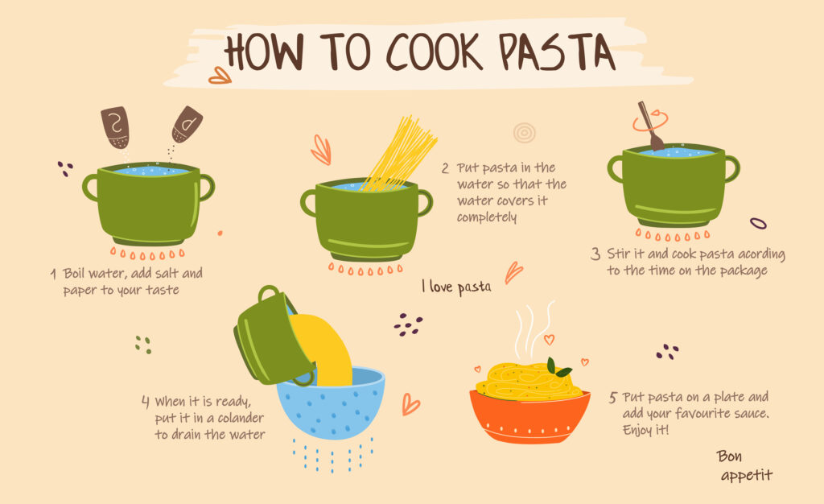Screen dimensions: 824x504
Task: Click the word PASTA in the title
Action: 557,52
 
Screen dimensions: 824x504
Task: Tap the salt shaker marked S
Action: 116,126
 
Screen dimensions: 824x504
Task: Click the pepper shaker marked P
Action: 187,124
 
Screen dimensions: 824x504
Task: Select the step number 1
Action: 53,274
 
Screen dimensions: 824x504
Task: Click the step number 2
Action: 445,168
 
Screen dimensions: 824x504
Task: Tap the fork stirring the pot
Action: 650,126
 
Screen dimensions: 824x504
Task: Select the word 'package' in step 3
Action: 743,271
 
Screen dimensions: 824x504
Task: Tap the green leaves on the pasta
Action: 558,367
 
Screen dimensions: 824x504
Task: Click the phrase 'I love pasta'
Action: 456,287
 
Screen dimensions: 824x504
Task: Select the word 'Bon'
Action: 729,456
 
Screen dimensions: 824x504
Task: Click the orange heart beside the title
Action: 219,76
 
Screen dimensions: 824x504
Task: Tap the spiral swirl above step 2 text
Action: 525,133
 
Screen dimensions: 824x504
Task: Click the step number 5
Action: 612,397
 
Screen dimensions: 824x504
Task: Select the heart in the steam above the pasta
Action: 549,340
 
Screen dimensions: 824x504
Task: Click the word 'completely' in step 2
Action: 487,217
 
